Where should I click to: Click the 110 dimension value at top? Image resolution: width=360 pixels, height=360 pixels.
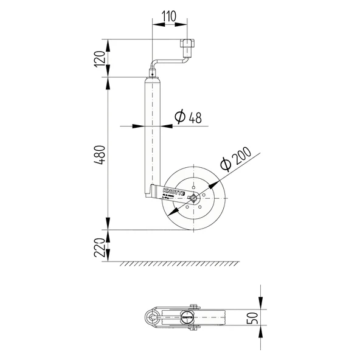(x=167, y=17)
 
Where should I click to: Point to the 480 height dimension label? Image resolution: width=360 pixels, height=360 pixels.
(x=105, y=155)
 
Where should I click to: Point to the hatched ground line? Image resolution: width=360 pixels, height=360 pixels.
(x=176, y=264)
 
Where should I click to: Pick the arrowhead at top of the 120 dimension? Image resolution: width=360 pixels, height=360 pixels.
(x=109, y=43)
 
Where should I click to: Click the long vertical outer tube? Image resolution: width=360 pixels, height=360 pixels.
(x=153, y=134)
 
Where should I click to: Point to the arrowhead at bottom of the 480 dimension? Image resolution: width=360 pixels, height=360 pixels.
(x=109, y=226)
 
